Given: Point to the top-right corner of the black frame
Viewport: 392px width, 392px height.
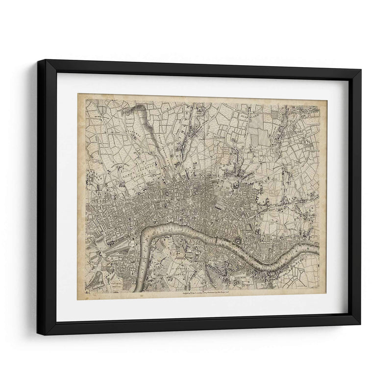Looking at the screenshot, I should pos(361,71).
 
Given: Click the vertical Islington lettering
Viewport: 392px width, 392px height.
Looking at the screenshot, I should pos(190,120).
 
